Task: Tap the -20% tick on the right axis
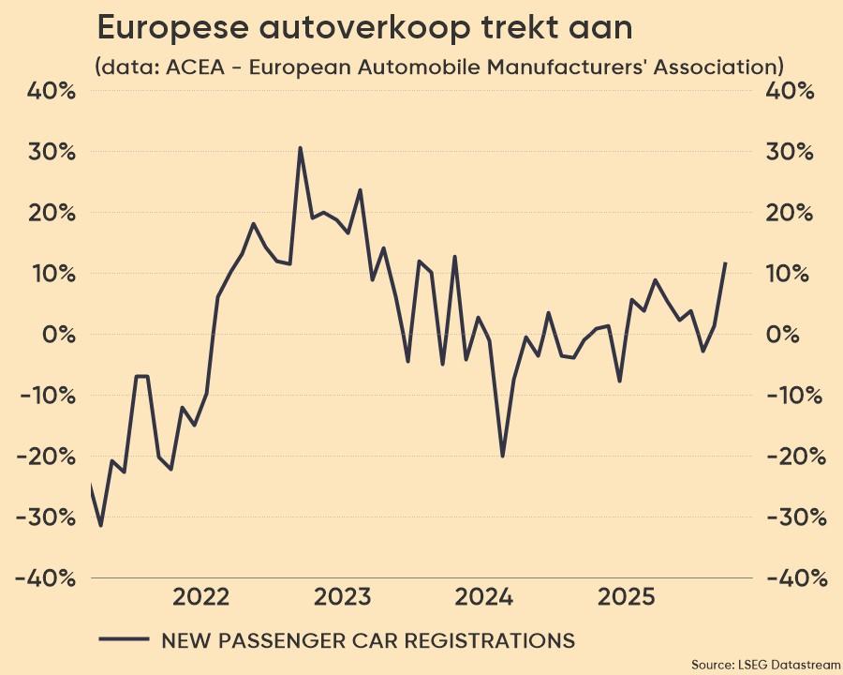click(795, 457)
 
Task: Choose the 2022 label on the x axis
click(201, 597)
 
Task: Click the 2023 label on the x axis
click(343, 597)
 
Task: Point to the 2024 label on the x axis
click(484, 597)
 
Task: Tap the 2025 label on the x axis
click(626, 597)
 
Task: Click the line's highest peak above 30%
click(300, 148)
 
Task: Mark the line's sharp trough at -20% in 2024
click(502, 456)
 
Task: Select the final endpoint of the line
click(725, 263)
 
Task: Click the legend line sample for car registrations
click(124, 640)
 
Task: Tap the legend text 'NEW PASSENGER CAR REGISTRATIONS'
click(368, 640)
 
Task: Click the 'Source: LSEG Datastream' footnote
click(765, 664)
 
